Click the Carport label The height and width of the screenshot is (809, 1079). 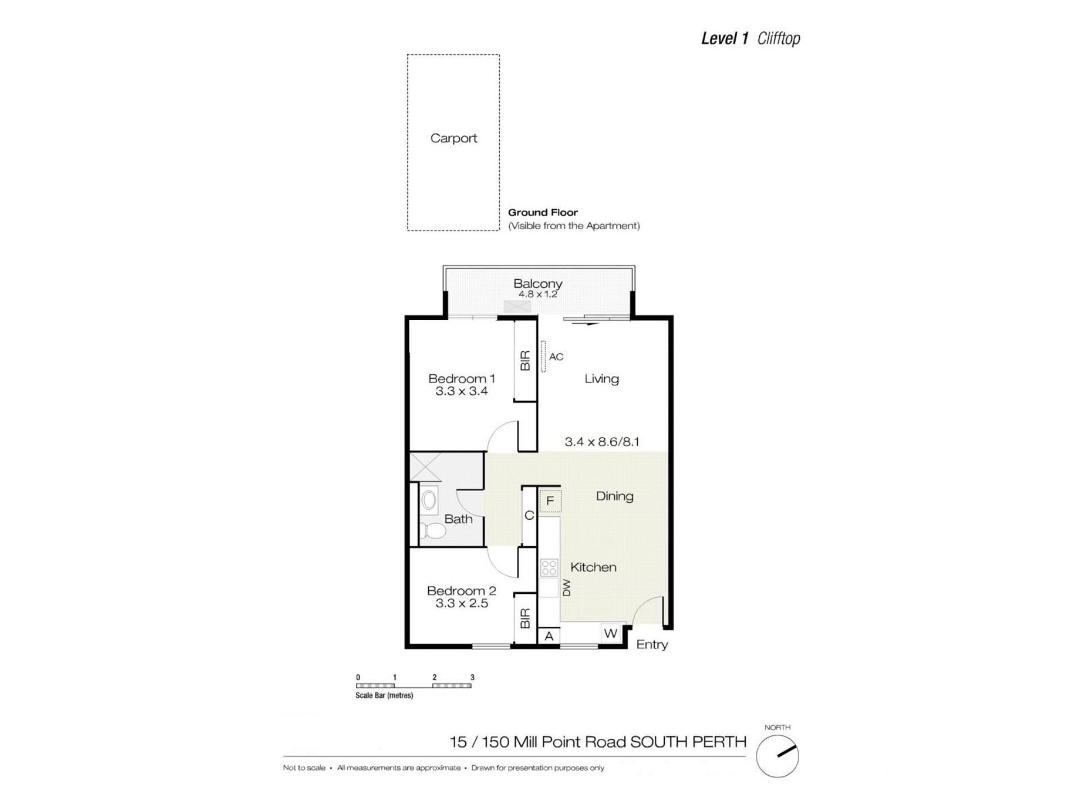454,138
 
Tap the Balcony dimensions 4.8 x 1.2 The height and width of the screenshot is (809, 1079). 538,294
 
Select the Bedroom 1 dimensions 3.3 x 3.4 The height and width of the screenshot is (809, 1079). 461,391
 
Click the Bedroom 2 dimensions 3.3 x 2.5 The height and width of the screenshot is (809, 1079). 461,603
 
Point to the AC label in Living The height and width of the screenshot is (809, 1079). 556,357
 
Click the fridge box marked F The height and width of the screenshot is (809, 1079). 550,501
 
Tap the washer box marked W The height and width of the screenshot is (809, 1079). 610,634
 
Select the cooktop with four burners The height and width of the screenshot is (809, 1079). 549,567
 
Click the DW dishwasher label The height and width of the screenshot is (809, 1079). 566,588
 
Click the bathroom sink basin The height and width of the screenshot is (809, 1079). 429,500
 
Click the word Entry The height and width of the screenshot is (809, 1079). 652,644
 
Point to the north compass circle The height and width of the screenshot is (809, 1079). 777,756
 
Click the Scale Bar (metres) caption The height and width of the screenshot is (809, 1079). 384,696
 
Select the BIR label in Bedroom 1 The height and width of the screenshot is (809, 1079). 525,361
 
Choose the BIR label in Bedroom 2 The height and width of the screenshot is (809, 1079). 525,619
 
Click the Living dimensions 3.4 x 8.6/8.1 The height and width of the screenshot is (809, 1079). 602,442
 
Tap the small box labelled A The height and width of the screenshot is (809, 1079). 549,636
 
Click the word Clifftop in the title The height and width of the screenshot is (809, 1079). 779,38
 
